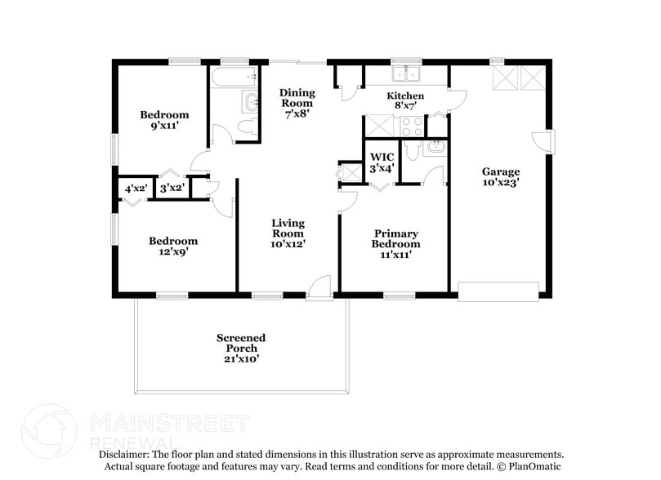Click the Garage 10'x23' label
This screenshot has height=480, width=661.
tap(500, 177)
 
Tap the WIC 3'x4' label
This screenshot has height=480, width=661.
tap(382, 162)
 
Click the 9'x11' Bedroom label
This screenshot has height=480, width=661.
tap(163, 121)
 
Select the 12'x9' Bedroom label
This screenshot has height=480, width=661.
tap(172, 246)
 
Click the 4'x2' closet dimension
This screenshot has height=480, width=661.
tap(135, 189)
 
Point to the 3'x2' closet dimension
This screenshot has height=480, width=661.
tap(171, 189)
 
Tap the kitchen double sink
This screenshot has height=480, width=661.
tap(404, 76)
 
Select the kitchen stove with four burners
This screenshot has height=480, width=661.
tap(412, 127)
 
